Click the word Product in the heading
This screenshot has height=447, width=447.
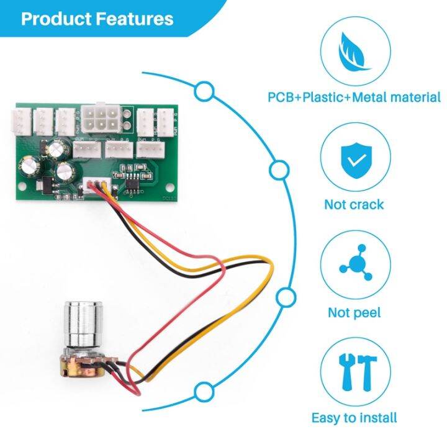pos(56,19)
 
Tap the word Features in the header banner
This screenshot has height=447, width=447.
pos(134,19)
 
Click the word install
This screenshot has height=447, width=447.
pos(376,418)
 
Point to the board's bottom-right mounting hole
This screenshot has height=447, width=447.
pos(169,186)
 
